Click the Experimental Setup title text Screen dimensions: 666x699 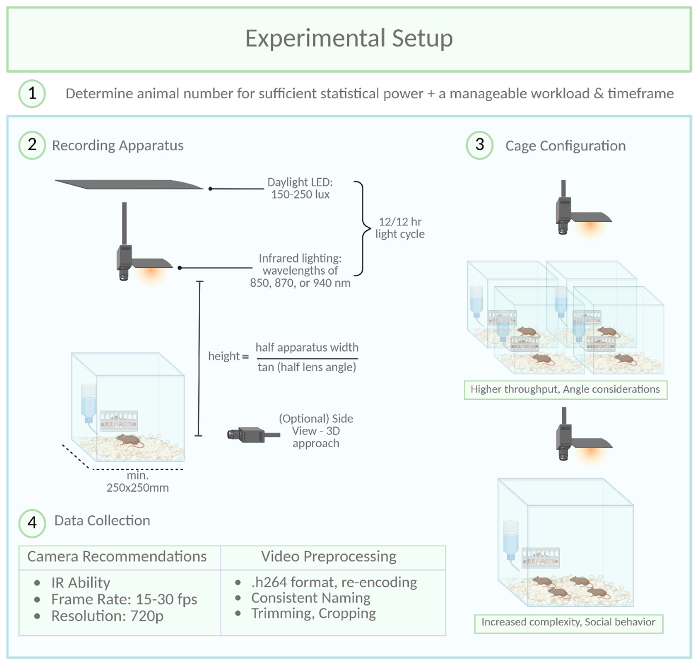click(349, 38)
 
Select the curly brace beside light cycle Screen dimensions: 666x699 click(363, 228)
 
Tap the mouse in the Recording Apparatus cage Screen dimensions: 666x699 click(129, 440)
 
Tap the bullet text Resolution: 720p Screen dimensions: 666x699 click(107, 616)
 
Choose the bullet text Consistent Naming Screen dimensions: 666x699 click(311, 598)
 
